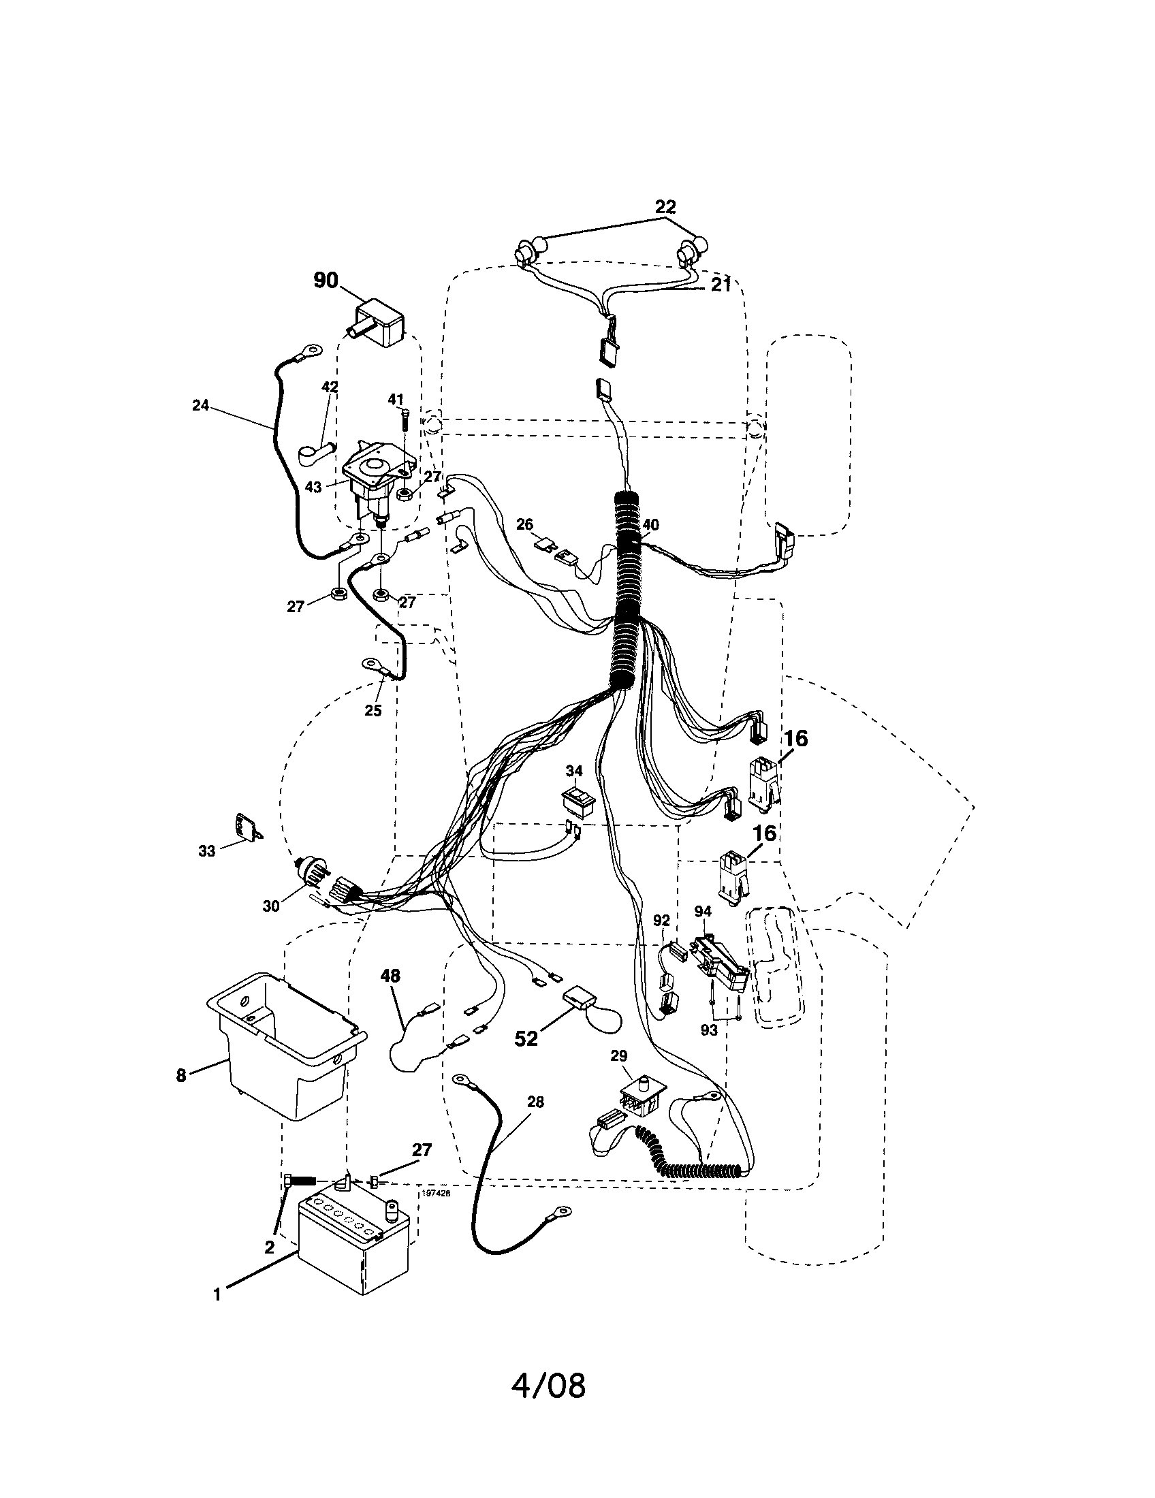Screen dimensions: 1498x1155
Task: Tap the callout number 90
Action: (x=325, y=281)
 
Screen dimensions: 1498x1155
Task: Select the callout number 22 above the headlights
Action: (x=665, y=206)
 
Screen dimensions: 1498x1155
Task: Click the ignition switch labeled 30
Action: (x=314, y=874)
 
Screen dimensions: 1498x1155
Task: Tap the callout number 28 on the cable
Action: (x=535, y=1102)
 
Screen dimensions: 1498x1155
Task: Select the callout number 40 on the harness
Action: (x=650, y=525)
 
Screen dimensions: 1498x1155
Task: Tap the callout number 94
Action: (x=702, y=911)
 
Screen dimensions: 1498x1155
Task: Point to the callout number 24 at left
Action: (x=200, y=405)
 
